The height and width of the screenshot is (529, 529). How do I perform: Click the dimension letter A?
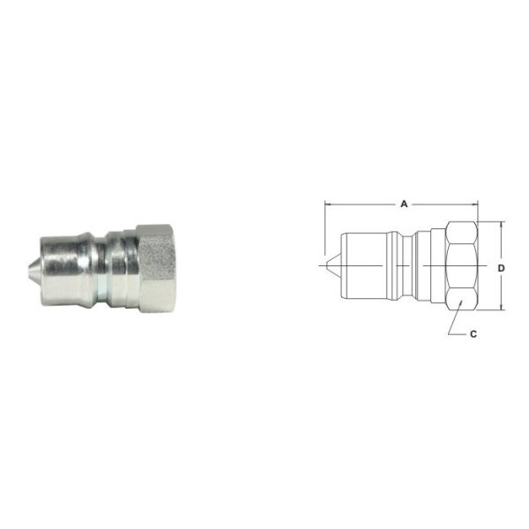tap(404, 204)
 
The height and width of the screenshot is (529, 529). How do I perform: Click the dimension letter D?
tap(501, 265)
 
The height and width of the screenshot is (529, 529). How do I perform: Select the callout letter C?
tap(473, 334)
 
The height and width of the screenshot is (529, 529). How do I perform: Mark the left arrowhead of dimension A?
tap(329, 204)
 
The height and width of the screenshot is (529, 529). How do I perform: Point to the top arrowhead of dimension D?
tap(501, 224)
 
